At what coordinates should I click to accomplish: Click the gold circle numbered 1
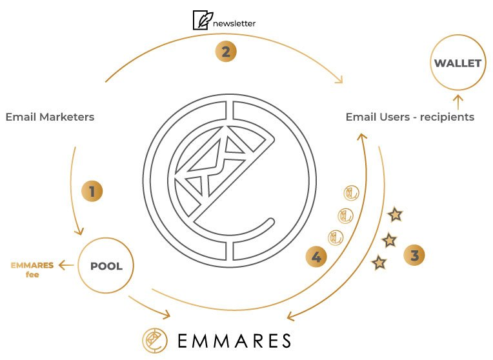click(x=92, y=191)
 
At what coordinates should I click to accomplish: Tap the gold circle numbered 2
click(x=226, y=51)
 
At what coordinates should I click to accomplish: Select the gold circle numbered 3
click(x=414, y=255)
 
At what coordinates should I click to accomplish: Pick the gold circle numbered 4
click(x=316, y=257)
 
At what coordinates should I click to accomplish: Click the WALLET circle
click(x=458, y=63)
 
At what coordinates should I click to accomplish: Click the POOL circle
click(x=106, y=266)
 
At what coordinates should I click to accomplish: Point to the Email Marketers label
click(x=50, y=117)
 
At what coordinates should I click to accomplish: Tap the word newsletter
click(x=234, y=23)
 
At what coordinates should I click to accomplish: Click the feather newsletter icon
click(x=203, y=20)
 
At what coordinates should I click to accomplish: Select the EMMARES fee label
click(x=32, y=270)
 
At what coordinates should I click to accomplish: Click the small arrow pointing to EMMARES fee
click(x=66, y=265)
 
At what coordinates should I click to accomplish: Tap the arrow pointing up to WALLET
click(x=458, y=103)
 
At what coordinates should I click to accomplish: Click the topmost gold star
click(x=395, y=215)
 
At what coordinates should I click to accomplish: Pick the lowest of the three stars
click(x=379, y=263)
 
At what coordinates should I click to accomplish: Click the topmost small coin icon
click(x=351, y=194)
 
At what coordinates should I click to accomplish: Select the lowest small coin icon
click(x=336, y=237)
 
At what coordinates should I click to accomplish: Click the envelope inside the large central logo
click(x=214, y=163)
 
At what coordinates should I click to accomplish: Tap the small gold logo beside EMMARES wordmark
click(x=154, y=341)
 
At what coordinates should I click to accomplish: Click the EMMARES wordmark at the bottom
click(x=234, y=341)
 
